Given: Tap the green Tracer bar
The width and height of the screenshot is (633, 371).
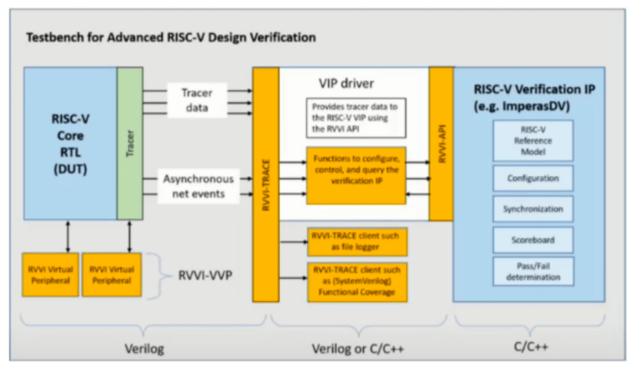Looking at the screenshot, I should (130, 143).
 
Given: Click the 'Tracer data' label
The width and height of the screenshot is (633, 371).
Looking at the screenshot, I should (196, 100).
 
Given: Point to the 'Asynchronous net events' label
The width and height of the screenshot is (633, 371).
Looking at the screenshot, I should (198, 186).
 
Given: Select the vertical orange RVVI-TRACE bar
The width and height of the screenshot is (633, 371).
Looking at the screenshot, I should (266, 185).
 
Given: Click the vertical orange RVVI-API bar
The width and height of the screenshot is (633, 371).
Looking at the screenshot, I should (441, 144).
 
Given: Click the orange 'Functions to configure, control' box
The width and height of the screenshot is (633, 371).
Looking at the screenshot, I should (356, 175).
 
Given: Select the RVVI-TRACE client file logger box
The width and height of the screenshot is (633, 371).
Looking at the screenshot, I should (357, 241).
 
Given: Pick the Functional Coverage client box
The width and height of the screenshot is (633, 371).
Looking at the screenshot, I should (357, 282).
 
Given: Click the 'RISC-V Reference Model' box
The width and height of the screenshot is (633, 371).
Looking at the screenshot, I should (533, 141).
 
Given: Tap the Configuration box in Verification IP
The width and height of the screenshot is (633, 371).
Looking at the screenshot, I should (533, 178).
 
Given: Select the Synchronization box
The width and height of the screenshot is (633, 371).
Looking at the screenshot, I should (533, 209).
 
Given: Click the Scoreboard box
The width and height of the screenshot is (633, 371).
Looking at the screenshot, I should (533, 240).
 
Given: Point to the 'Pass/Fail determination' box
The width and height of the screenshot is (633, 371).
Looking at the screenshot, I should (533, 271).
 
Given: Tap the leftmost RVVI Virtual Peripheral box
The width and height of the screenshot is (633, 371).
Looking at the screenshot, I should (50, 274).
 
